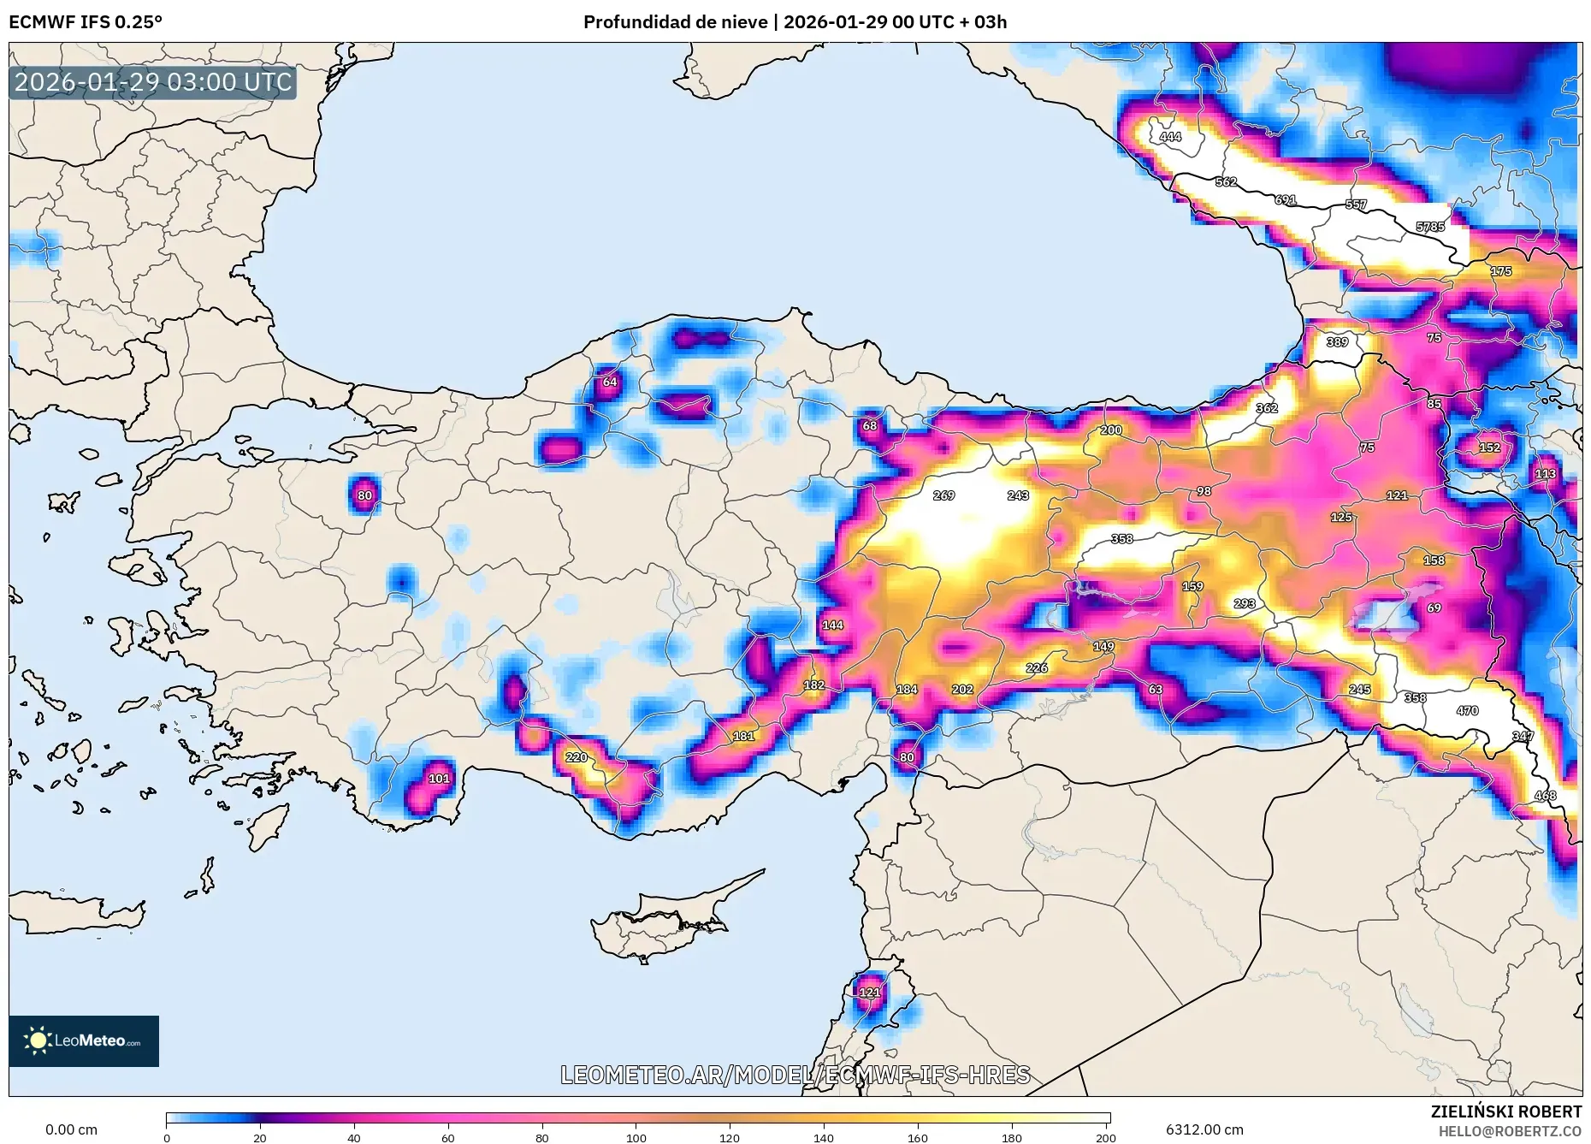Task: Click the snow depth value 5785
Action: point(1430,227)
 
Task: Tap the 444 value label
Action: point(1170,137)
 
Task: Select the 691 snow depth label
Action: point(1285,199)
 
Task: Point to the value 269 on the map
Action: point(943,495)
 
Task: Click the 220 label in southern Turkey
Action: point(577,757)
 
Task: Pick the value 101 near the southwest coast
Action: point(439,779)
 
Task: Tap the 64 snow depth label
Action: point(610,382)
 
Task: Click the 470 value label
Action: point(1467,711)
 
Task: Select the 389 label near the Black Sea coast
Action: point(1337,342)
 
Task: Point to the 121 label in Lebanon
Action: point(869,993)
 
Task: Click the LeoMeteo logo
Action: point(84,1040)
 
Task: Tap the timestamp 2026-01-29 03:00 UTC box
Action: point(153,82)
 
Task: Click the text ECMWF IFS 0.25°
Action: point(86,22)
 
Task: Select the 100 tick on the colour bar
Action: point(636,1137)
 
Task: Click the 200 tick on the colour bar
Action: point(1105,1137)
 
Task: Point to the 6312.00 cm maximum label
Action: point(1204,1129)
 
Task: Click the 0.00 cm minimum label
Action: point(71,1129)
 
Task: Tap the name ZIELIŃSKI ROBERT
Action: point(1505,1111)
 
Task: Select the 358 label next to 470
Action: point(1415,698)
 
